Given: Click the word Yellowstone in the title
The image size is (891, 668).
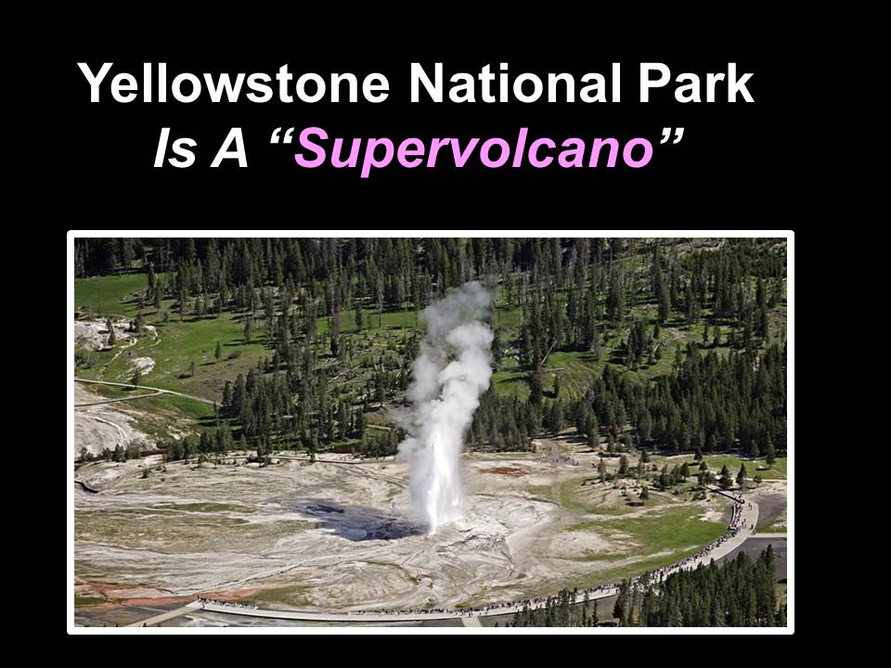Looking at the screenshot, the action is [234, 83].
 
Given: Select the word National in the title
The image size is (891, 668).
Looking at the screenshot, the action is [515, 83].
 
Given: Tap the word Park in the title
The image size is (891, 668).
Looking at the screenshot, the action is [695, 83].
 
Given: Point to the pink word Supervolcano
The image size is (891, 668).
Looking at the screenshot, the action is [473, 148].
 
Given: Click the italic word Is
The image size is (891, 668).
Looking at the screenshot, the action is [175, 148].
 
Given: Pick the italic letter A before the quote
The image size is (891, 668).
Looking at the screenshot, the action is [229, 148].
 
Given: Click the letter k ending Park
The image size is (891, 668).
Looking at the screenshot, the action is [740, 83].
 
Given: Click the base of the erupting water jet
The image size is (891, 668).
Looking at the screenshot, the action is [434, 522].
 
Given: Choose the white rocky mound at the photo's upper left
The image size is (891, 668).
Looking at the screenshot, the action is [102, 334].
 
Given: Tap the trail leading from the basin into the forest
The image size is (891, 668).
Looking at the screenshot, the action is [554, 452].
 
